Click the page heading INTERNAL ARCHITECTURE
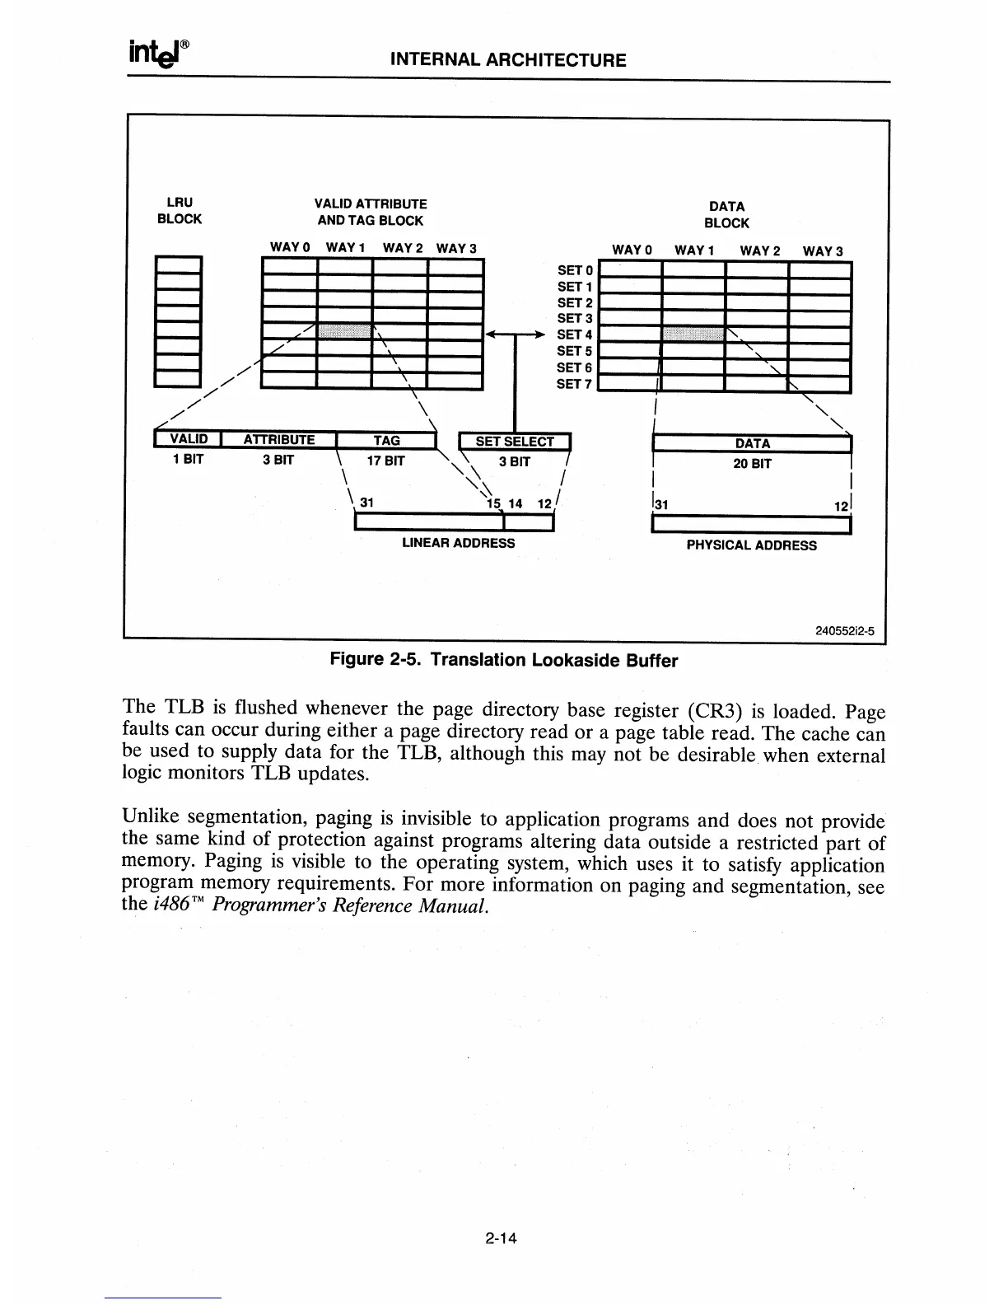(507, 60)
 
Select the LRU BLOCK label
(180, 210)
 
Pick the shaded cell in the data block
(693, 334)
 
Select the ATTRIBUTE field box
(279, 440)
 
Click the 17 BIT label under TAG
(386, 461)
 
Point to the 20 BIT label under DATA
(752, 464)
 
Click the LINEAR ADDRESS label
(458, 544)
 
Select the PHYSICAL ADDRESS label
(751, 545)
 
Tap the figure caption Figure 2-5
(503, 660)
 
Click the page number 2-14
(505, 1237)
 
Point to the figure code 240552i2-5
(843, 632)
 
